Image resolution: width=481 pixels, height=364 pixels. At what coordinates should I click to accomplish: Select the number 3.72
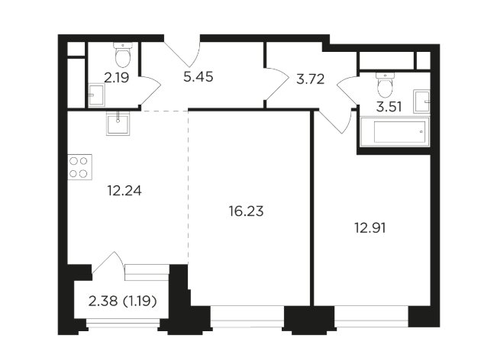point(299,77)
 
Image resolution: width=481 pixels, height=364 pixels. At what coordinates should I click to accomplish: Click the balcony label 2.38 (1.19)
point(118,301)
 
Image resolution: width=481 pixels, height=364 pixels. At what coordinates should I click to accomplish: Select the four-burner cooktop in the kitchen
point(79,166)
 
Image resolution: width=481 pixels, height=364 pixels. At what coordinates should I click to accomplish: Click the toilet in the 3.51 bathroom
point(386,79)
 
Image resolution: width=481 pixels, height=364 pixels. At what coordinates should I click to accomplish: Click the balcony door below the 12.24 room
point(108,266)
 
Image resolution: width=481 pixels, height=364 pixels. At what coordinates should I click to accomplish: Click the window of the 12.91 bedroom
point(370,314)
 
